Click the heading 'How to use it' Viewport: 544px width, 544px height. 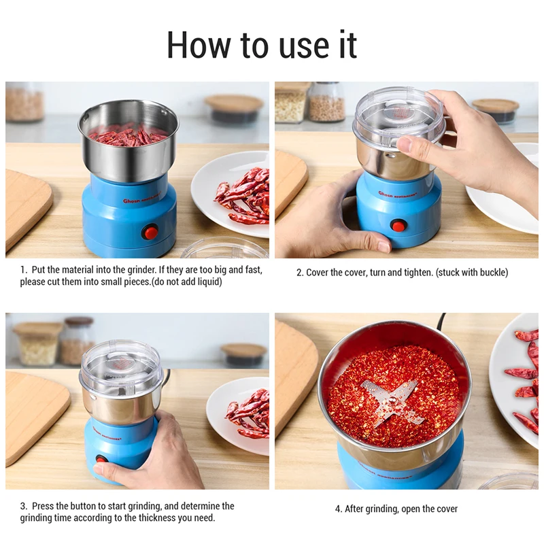(262, 45)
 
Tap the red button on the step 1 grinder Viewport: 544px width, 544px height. (150, 232)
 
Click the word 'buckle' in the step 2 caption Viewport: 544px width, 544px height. (489, 272)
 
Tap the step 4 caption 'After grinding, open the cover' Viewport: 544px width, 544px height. (396, 509)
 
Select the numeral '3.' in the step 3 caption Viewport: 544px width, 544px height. (24, 506)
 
